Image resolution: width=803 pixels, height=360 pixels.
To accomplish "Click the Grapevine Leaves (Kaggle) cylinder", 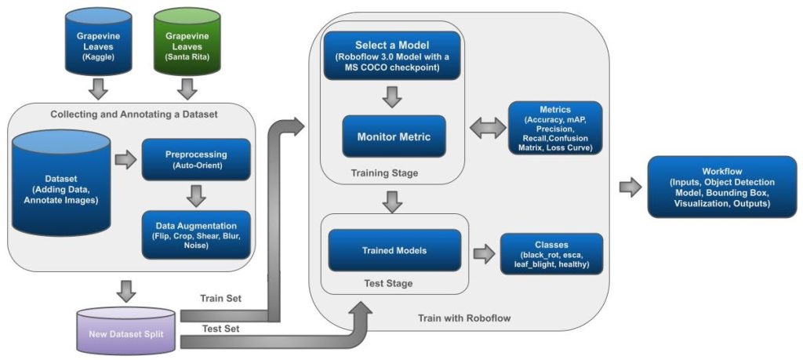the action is point(98,41).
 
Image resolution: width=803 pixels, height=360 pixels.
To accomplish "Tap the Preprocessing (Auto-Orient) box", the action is point(196,159).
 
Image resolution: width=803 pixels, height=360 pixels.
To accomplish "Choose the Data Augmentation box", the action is point(196,235).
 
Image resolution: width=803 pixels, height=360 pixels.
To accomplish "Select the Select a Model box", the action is point(392,56).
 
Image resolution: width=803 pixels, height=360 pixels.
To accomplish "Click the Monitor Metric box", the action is point(394,136).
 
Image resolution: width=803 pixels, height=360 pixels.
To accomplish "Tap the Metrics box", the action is point(555,128).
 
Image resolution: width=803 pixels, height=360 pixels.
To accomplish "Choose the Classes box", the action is point(551,254).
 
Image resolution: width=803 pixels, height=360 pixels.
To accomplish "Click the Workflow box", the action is point(722,187).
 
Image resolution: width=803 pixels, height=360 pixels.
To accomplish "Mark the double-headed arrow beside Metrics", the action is point(487,128).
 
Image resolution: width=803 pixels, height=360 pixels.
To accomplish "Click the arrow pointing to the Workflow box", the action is point(630,187).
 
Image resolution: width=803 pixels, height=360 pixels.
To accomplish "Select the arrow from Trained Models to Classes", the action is point(484,253).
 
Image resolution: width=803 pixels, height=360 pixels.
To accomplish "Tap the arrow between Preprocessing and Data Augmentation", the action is point(196,195).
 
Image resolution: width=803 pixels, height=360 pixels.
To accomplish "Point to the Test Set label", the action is point(220,329).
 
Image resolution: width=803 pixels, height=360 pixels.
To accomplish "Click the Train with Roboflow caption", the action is point(464,318).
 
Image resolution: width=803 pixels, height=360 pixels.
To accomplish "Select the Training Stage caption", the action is point(384,173).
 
